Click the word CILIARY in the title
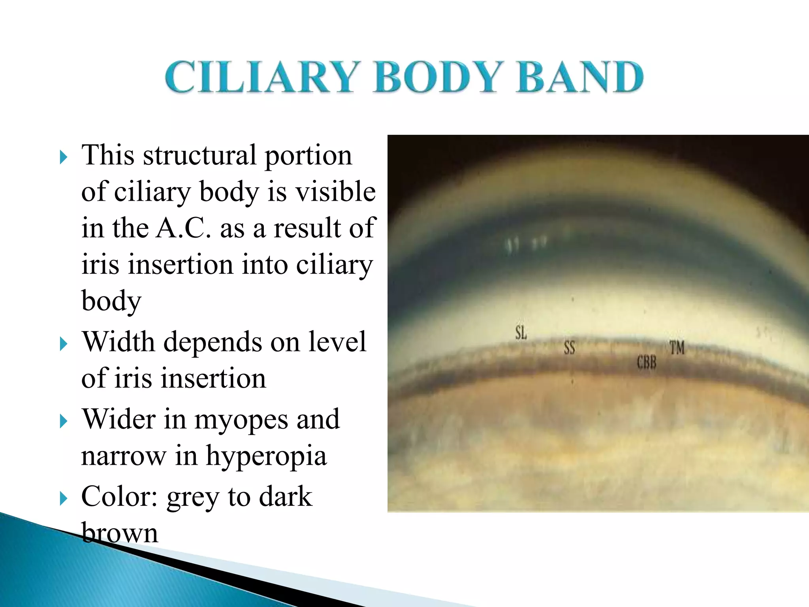coord(262,77)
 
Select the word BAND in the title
coord(580,77)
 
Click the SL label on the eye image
coord(521,333)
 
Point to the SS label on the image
coord(569,348)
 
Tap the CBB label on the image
coord(646,362)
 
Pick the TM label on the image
coord(677,348)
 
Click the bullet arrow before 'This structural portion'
coord(63,157)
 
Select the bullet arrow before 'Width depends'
coord(63,344)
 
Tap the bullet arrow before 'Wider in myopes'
coord(63,421)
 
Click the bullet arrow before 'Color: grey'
coord(63,499)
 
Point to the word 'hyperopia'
coord(266,456)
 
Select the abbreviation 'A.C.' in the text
coord(183,228)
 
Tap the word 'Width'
coord(118,342)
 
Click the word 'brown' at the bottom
coord(119,533)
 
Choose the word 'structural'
coord(199,155)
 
